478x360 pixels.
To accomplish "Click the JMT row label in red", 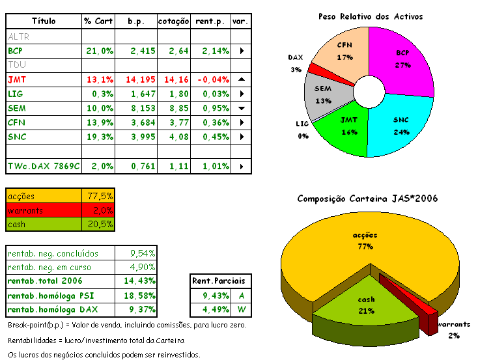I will point(17,79).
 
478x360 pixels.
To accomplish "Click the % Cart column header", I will point(98,21).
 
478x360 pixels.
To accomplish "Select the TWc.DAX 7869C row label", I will point(44,166).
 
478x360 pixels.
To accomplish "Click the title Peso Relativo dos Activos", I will point(371,16).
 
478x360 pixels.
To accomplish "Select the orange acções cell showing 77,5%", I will point(100,195).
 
